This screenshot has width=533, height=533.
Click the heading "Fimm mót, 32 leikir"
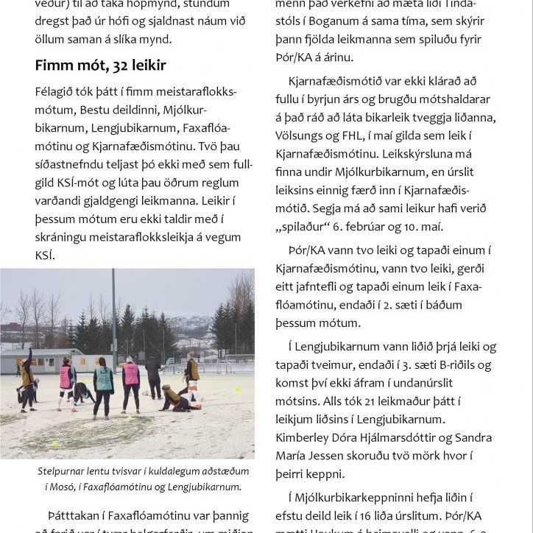100,66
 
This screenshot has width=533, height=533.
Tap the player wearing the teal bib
103,381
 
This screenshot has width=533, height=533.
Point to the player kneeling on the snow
177,398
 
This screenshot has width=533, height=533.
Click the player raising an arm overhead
27,375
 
